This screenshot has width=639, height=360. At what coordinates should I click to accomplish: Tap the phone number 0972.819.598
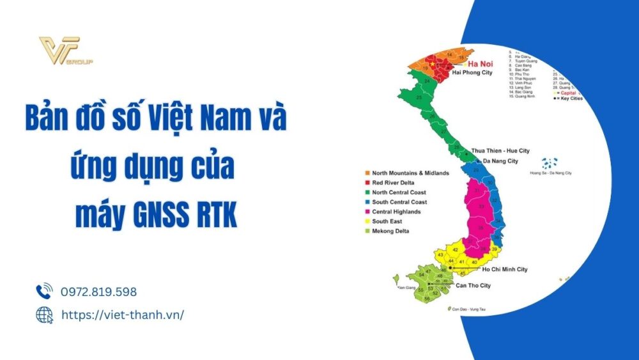98,292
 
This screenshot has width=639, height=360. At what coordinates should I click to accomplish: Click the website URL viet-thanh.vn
122,315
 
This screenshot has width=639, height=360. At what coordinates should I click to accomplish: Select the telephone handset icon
44,292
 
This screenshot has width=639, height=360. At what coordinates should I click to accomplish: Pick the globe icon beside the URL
44,315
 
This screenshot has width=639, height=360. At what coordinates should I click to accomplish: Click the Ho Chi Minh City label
504,270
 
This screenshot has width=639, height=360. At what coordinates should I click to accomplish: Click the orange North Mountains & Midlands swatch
368,173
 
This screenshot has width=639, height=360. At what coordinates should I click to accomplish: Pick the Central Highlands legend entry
396,212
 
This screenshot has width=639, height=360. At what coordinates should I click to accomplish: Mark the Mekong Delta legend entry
390,231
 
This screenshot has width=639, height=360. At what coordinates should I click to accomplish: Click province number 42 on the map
455,249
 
